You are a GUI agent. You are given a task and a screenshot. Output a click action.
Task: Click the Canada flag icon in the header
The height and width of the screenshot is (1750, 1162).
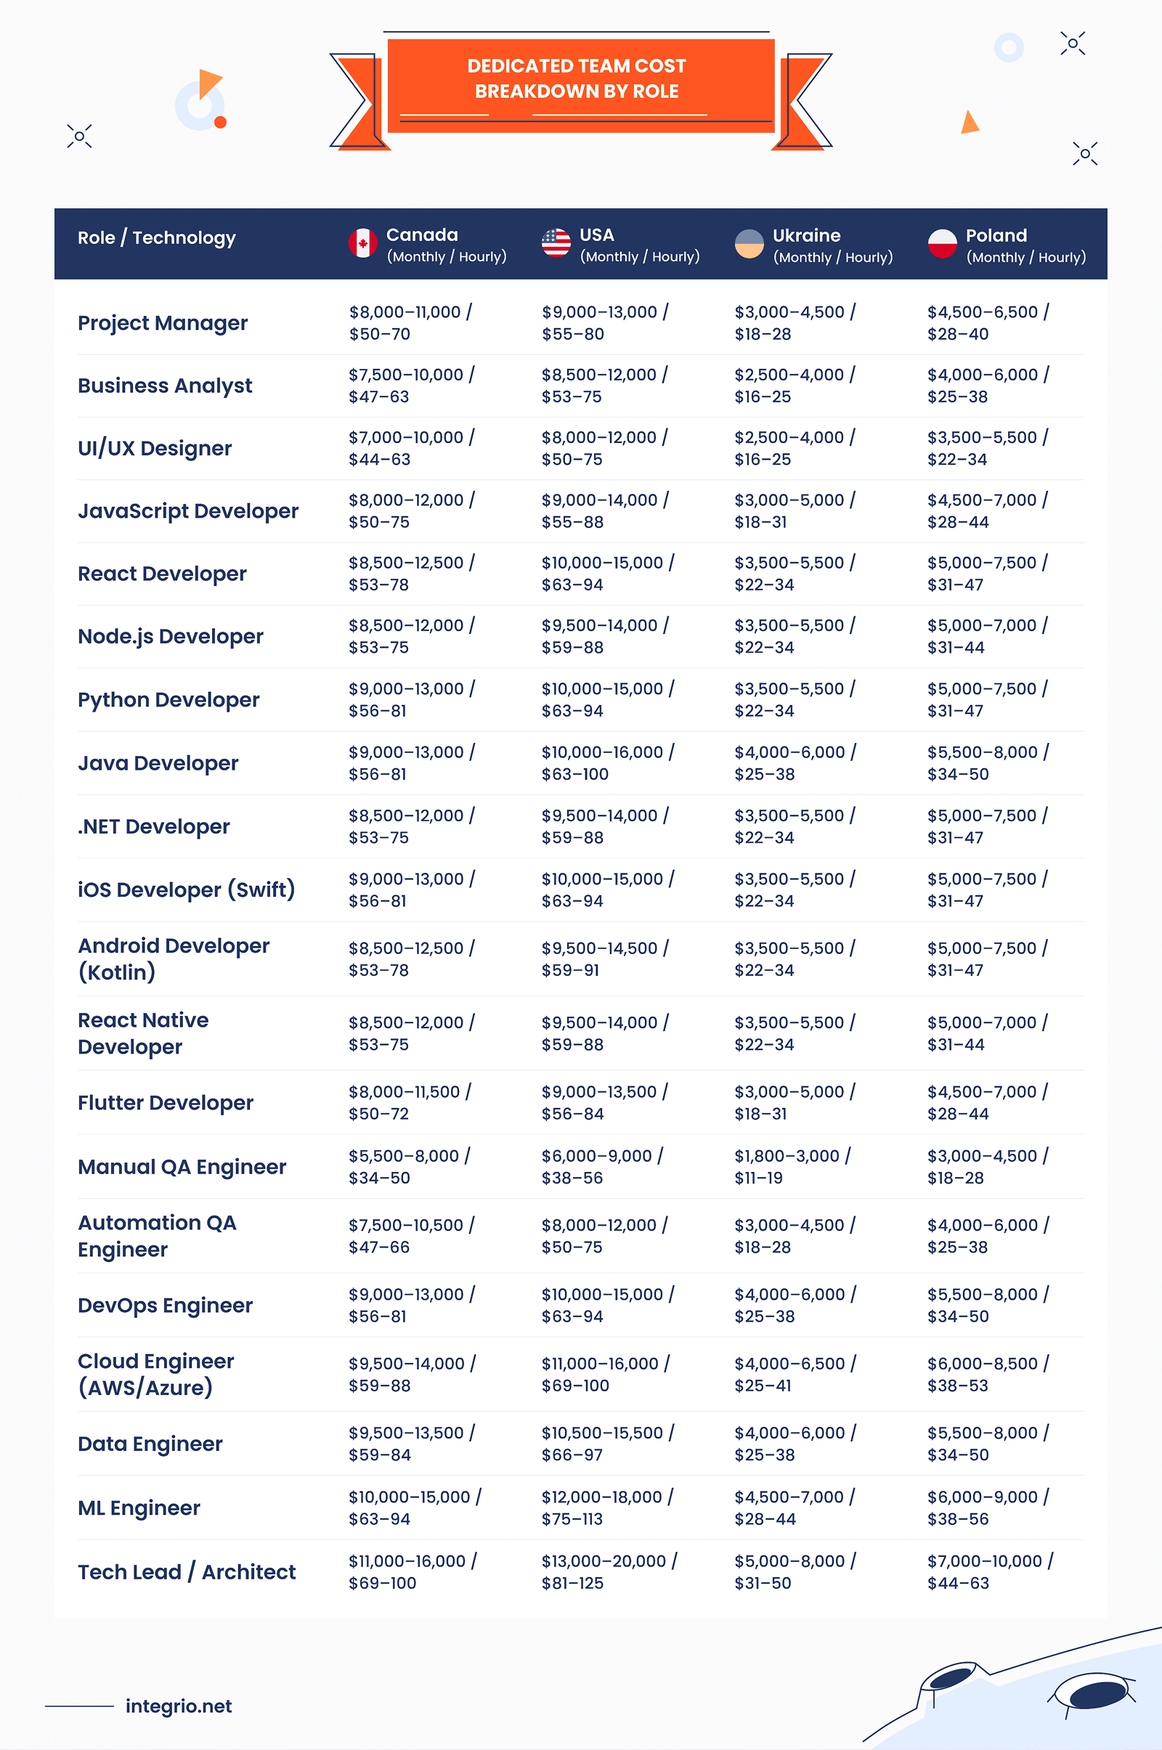coord(363,243)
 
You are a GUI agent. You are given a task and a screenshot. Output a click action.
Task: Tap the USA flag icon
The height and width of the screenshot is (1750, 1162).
coord(556,243)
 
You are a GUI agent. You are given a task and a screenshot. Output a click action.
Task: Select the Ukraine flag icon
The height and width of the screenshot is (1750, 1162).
coord(749,244)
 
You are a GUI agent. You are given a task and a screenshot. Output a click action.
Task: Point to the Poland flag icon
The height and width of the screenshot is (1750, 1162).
coord(942,244)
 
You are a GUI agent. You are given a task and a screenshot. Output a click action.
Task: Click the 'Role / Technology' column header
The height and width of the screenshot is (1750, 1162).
coord(156,238)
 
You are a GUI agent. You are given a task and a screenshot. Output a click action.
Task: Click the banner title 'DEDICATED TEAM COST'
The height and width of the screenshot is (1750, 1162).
coord(577,66)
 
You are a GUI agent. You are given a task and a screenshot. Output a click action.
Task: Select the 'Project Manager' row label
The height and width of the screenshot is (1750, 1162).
coord(163,323)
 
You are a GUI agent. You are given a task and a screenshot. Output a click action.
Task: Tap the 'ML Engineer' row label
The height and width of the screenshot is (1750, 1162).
coord(139,1507)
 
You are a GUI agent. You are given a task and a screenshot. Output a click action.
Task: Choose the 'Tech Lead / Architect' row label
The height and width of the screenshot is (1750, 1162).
coord(187,1571)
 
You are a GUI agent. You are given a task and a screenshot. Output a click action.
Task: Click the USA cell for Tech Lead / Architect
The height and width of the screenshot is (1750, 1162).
coord(609,1571)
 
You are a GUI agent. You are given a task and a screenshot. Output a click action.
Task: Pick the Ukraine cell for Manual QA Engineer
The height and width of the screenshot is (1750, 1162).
coord(792,1166)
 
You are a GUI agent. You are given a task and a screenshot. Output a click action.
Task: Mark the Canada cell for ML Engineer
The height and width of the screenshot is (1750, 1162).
coord(414,1507)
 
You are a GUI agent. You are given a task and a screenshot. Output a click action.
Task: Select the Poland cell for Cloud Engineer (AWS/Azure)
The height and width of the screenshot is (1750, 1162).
coord(987,1374)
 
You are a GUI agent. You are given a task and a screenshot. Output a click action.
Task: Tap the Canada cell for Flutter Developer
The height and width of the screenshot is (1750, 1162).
coord(409,1102)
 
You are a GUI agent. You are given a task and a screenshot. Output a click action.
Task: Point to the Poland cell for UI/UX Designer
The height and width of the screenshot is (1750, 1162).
coord(987,447)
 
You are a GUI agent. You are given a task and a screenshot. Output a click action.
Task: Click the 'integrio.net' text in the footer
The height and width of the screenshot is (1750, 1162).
coord(179,1706)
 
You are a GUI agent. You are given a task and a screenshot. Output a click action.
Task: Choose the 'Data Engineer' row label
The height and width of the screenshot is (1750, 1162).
coord(150,1444)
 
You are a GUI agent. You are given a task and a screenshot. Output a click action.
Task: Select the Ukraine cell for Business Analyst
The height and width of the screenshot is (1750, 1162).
coord(795,386)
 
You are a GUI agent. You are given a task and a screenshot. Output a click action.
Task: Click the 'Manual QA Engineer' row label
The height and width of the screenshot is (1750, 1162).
coord(182,1166)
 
